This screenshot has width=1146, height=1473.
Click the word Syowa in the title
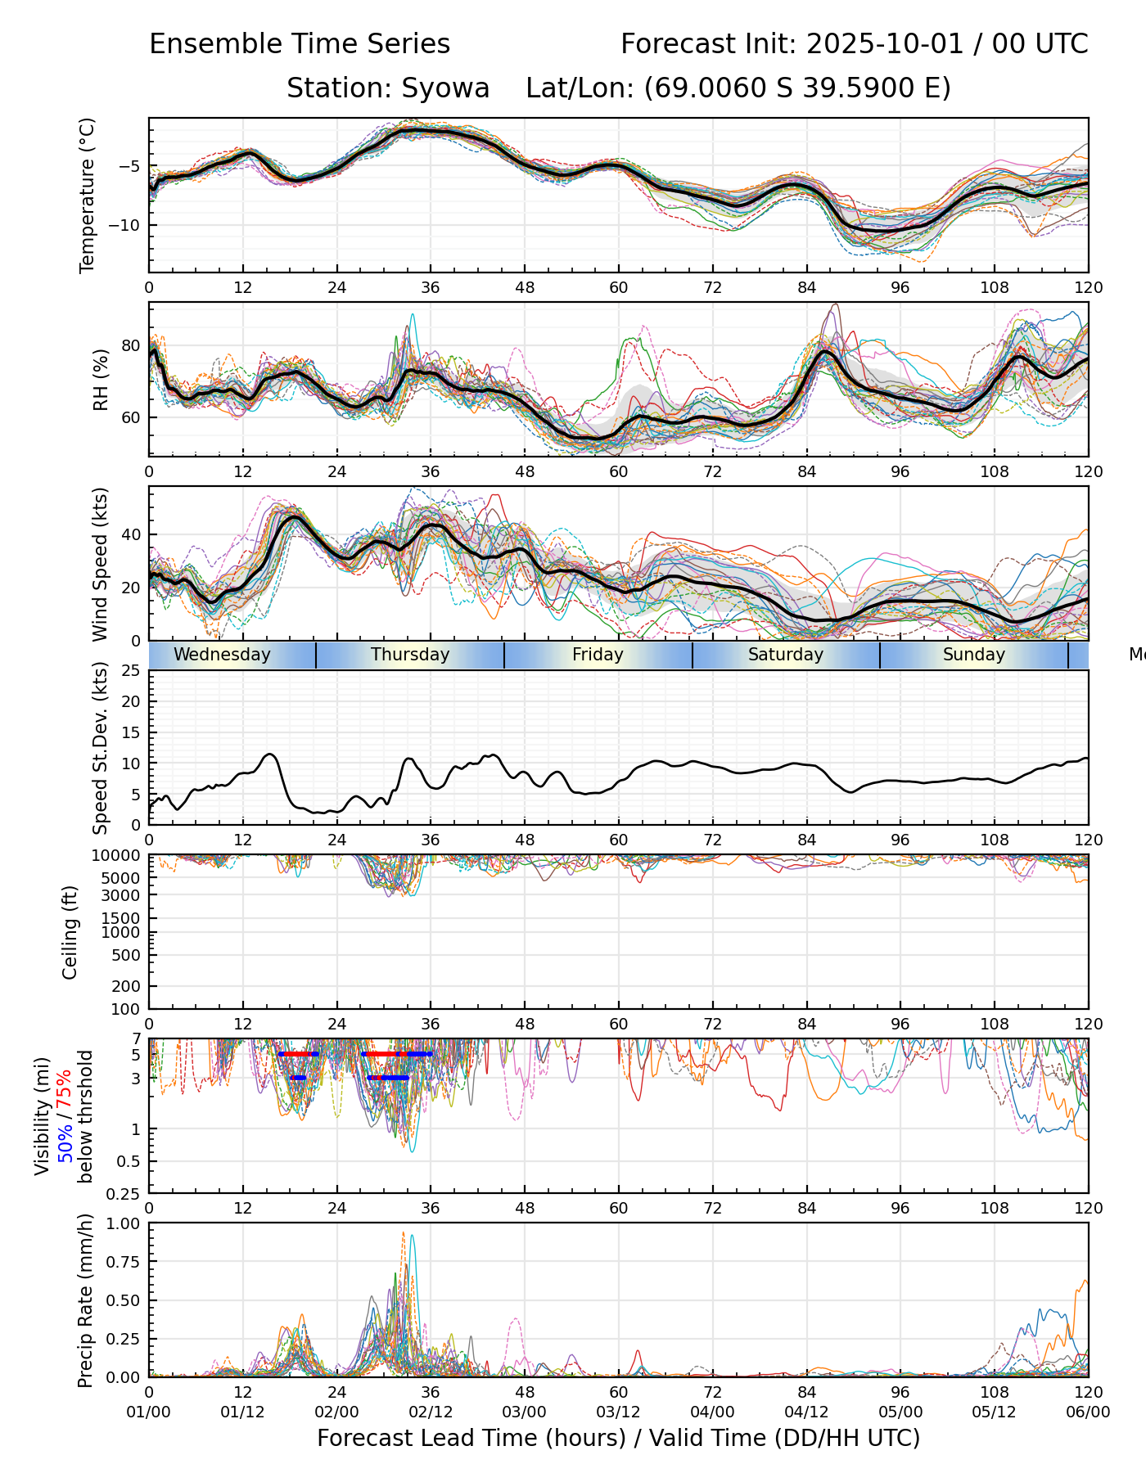(445, 88)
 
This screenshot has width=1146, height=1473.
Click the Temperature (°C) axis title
(88, 195)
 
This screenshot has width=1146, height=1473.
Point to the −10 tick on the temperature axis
(129, 225)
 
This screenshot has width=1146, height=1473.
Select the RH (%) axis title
(101, 380)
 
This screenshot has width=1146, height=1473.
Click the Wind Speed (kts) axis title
(101, 564)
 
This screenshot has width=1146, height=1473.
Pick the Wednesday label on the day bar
(222, 655)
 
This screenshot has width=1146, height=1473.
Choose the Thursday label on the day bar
(410, 655)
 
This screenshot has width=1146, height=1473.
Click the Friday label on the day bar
(598, 655)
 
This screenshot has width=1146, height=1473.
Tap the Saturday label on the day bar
(786, 655)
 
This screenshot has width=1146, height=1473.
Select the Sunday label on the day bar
(973, 655)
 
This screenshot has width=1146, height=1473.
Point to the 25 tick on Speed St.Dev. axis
(131, 671)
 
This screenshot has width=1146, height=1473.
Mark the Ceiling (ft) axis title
(71, 932)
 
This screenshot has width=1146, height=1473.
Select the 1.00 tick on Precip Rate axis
(125, 1223)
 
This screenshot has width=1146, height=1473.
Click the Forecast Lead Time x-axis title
(618, 1438)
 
